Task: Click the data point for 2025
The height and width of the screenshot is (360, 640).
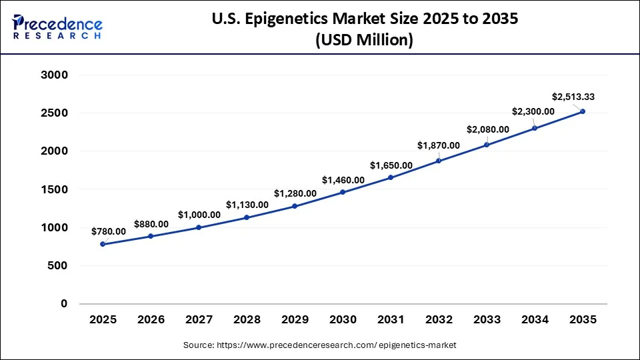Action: point(103,244)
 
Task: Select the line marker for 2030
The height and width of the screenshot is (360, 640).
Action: point(343,192)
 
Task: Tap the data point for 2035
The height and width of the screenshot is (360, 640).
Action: point(583,111)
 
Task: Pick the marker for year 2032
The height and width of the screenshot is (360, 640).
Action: point(439,161)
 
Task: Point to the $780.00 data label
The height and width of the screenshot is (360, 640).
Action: point(109,231)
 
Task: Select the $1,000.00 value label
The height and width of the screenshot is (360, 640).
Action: point(199,215)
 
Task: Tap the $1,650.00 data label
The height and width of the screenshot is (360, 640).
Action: point(391,165)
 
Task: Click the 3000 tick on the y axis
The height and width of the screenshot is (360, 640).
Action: point(55,75)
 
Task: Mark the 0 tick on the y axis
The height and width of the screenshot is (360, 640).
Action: point(65,304)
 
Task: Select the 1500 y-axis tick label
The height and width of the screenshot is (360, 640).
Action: point(55,189)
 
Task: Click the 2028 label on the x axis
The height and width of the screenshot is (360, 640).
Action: point(247,320)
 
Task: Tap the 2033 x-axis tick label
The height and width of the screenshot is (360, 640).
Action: point(487,320)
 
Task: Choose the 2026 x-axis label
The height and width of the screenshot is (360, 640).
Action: point(151,320)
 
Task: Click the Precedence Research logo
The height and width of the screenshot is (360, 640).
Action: point(57,26)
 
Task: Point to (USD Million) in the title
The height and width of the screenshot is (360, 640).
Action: point(364,40)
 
